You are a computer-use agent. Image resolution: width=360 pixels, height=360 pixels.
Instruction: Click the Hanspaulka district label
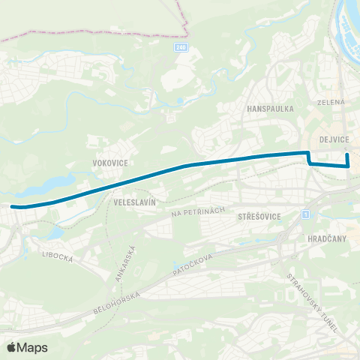pos(270,108)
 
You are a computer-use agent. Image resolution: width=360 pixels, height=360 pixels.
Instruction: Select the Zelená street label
pos(330,101)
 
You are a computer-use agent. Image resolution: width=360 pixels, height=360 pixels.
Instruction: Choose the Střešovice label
pos(258,216)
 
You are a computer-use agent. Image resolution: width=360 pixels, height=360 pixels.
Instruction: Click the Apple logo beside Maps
pos(12,347)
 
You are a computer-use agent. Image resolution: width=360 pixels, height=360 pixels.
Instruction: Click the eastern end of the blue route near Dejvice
pos(347,155)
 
